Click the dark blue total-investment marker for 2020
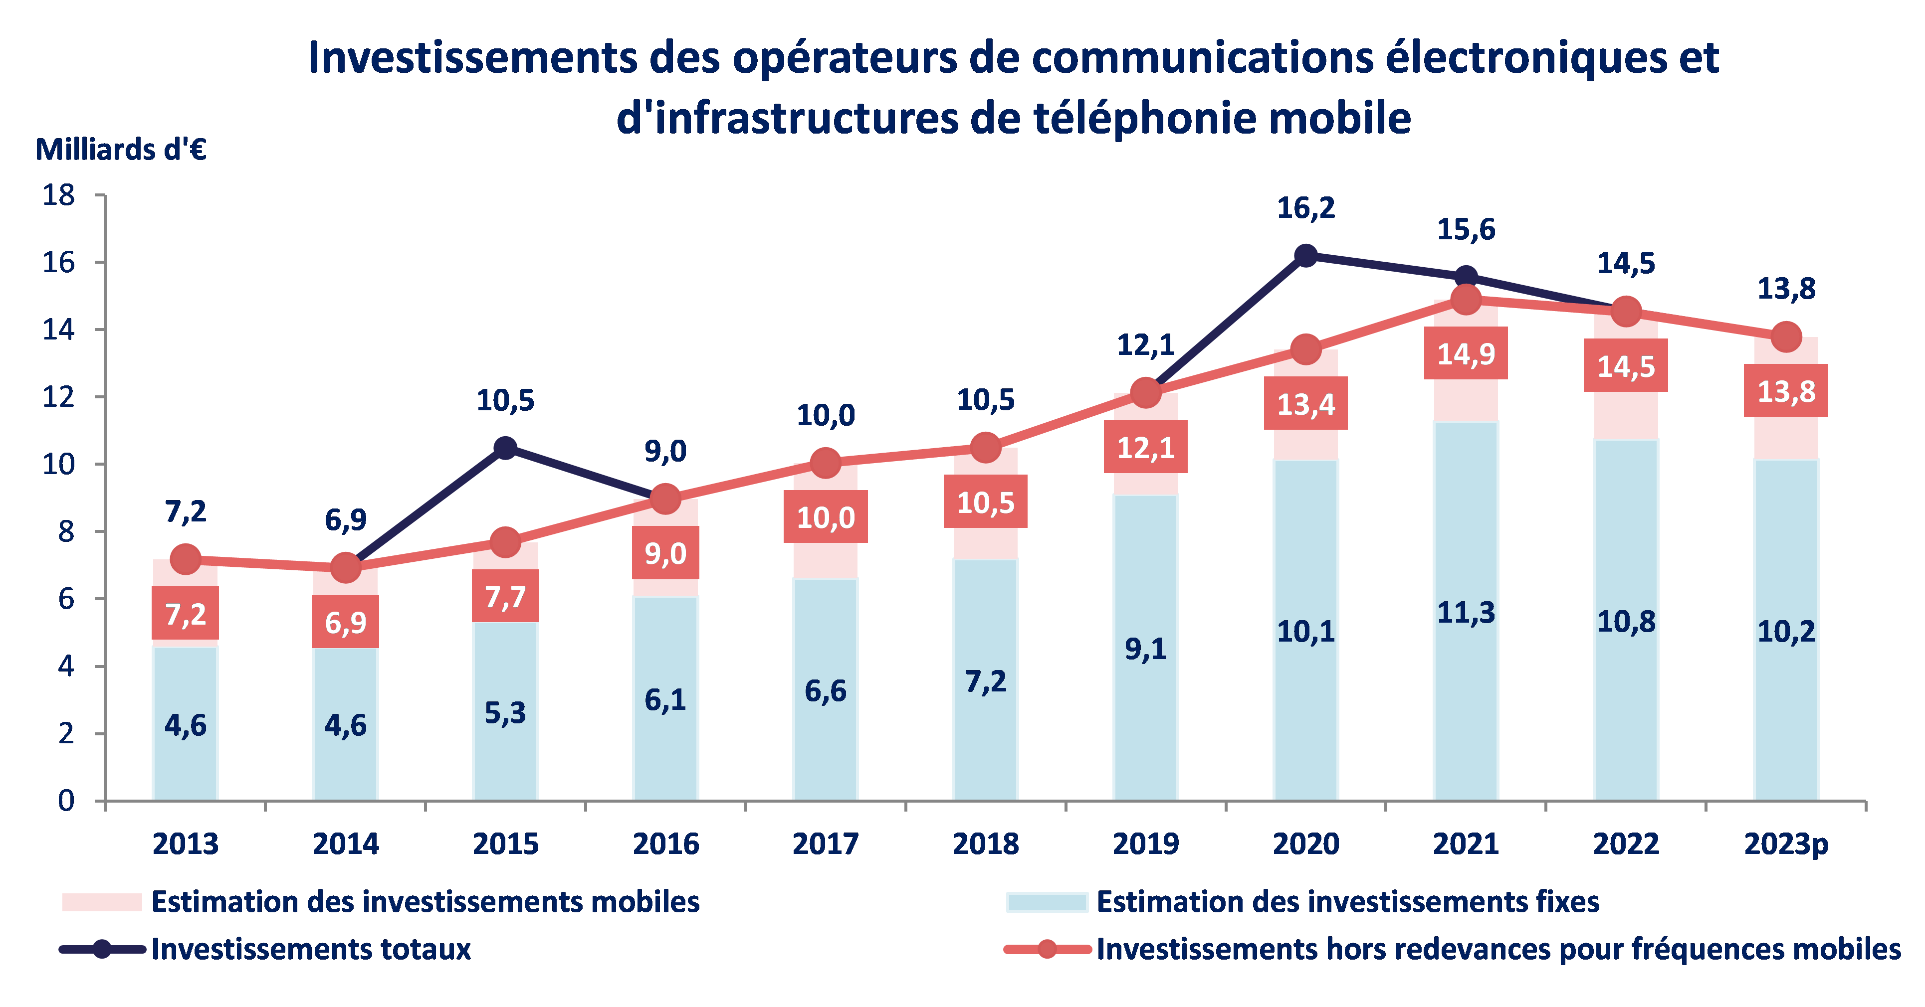[1305, 255]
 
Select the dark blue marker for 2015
[506, 448]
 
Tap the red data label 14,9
[1466, 353]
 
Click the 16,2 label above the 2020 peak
[1305, 208]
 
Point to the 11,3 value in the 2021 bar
[1466, 613]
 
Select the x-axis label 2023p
[1785, 844]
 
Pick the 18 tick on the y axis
[58, 196]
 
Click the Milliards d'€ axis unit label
[121, 150]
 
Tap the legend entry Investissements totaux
[311, 950]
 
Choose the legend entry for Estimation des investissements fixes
[1347, 902]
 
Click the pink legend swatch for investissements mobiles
[102, 902]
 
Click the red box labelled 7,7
[505, 596]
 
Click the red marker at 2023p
[1786, 337]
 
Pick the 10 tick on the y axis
[58, 465]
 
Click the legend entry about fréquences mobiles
[1498, 950]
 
